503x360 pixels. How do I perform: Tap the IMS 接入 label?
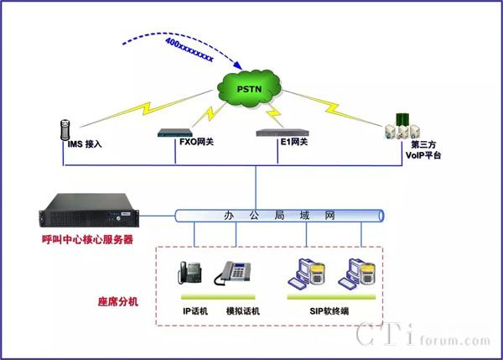tap(85, 144)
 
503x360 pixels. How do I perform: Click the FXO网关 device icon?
tap(178, 133)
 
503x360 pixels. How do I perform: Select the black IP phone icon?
tap(189, 274)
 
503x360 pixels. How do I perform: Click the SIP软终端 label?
tap(329, 310)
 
